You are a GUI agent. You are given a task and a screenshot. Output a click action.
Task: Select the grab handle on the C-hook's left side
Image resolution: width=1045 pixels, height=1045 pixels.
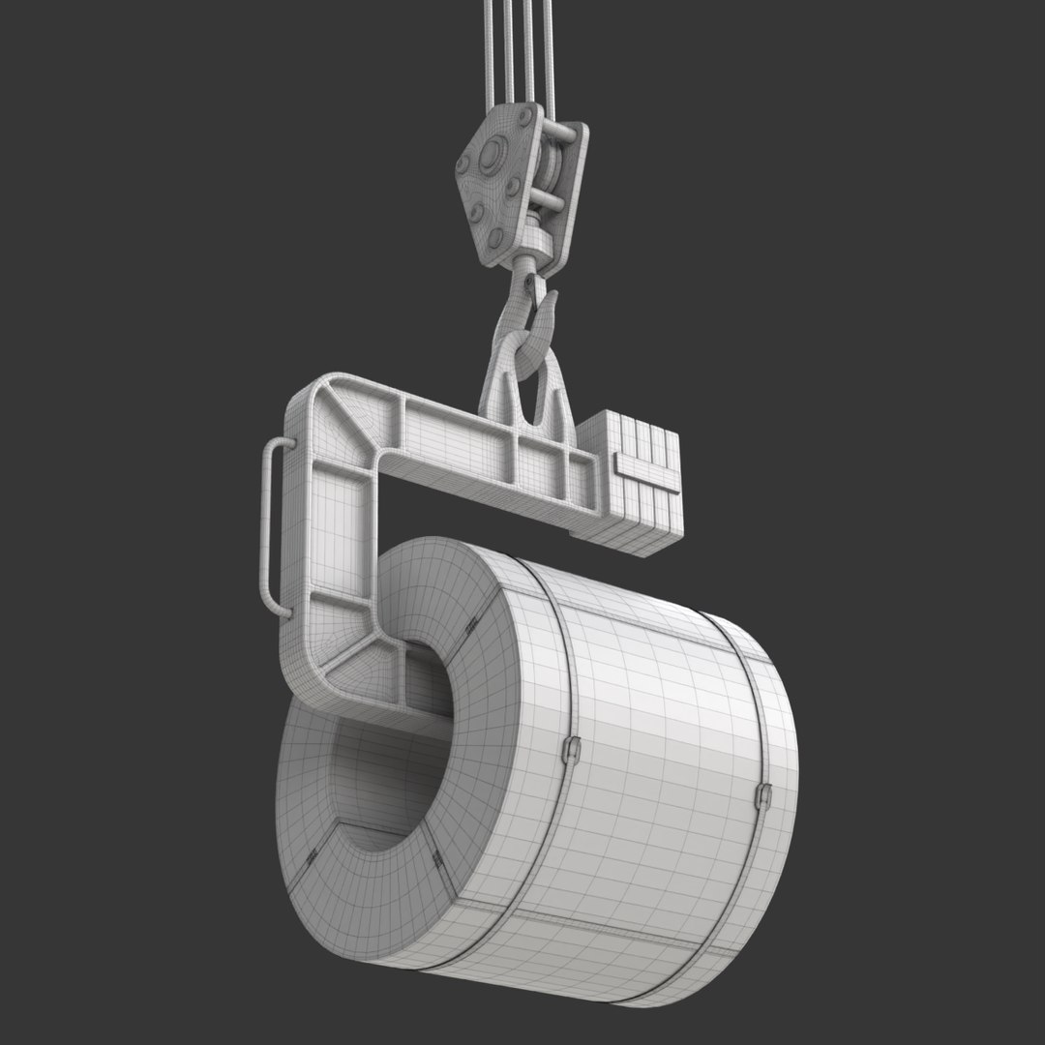pos(268,522)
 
